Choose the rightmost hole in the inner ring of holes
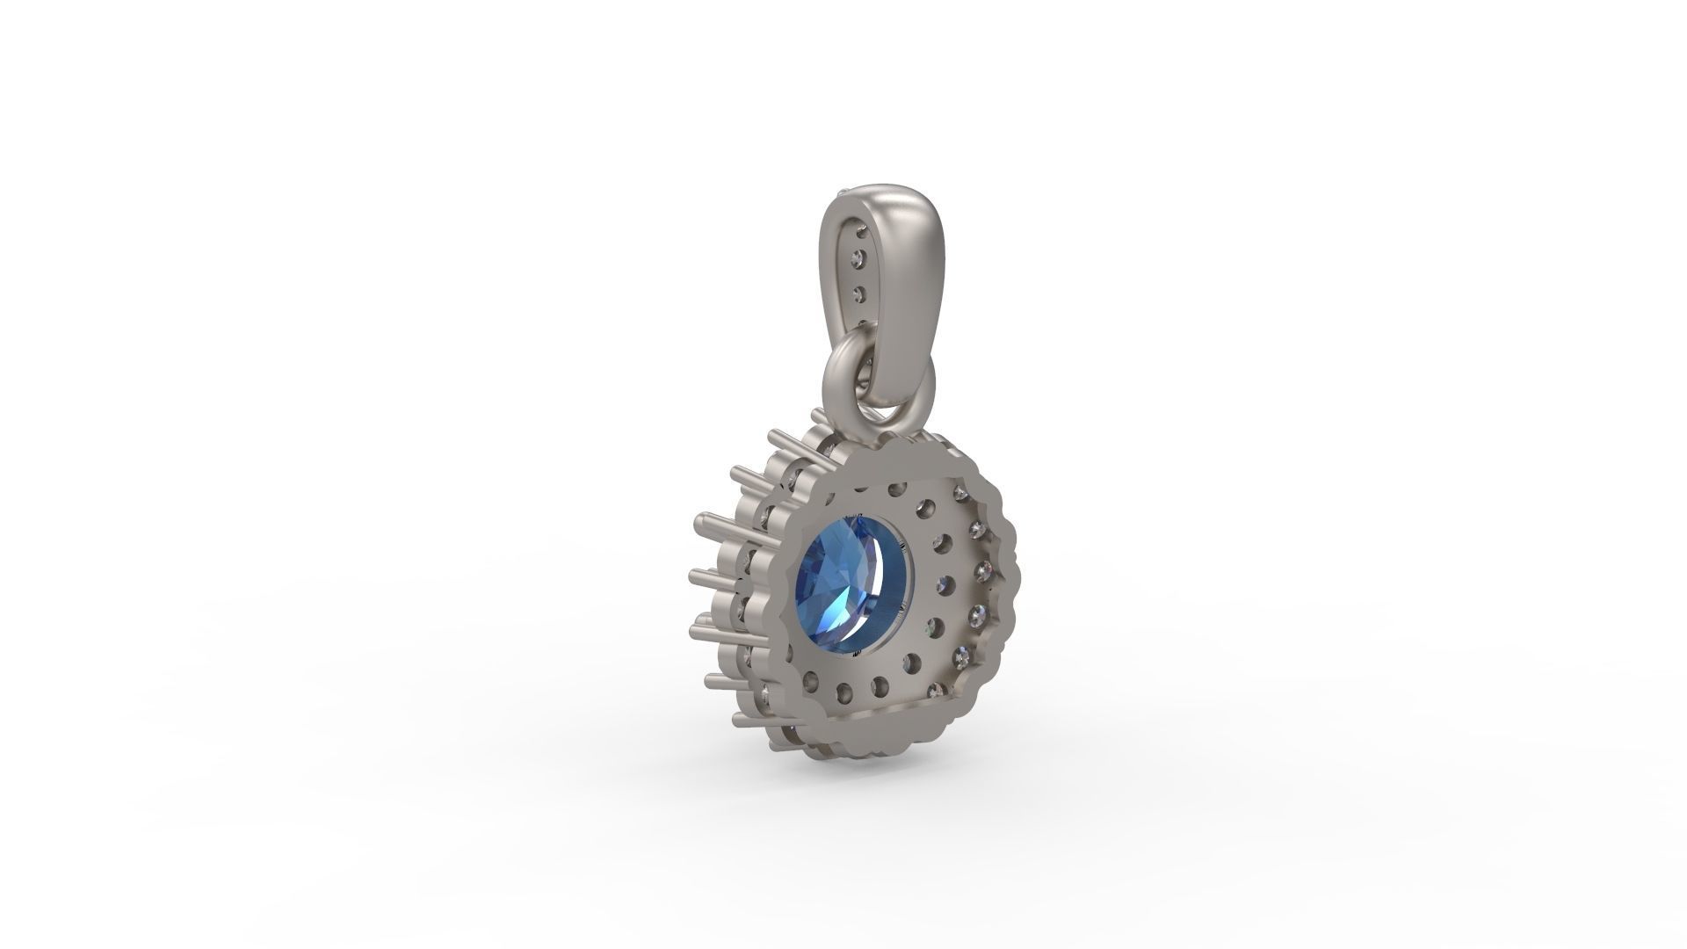(945, 585)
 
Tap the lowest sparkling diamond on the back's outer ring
(936, 690)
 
